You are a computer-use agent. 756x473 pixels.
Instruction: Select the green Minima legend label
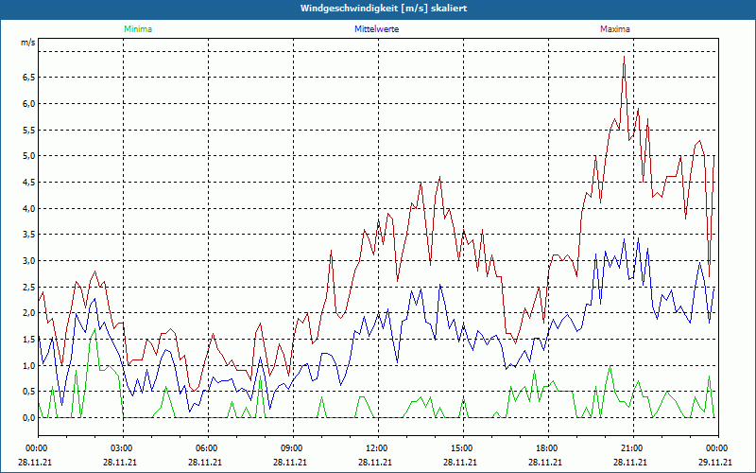[x=137, y=29]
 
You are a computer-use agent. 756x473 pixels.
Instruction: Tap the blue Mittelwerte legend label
[x=376, y=29]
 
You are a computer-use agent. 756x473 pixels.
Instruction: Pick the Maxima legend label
[x=614, y=29]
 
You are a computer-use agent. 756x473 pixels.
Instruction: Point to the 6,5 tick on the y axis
[x=27, y=78]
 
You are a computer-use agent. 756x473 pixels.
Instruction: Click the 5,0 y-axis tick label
[x=27, y=156]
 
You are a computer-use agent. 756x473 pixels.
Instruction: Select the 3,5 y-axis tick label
[x=27, y=235]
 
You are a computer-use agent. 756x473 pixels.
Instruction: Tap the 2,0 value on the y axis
[x=27, y=313]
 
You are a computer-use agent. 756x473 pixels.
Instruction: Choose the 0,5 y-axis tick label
[x=27, y=392]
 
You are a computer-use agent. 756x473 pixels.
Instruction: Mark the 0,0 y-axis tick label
[x=27, y=417]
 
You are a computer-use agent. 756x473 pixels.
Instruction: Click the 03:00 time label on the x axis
[x=122, y=447]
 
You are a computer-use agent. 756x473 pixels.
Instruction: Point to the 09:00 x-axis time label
[x=291, y=447]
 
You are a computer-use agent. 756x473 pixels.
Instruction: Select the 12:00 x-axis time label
[x=376, y=447]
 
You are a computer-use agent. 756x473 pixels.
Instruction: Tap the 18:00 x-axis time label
[x=546, y=447]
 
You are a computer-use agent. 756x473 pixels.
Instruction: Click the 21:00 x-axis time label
[x=631, y=447]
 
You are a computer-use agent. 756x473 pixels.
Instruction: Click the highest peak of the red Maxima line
[x=624, y=57]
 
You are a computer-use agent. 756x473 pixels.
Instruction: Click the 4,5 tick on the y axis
[x=27, y=183]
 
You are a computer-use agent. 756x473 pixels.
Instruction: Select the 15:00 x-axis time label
[x=461, y=447]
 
